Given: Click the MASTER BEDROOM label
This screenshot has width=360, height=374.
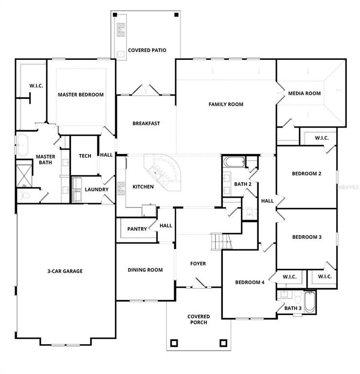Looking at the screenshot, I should [x=81, y=94].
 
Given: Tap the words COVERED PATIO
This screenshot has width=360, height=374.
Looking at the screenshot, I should [x=147, y=50].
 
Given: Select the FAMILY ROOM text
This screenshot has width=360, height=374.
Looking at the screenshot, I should [x=226, y=104].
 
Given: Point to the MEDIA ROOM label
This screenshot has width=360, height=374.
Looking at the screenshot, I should [x=304, y=93].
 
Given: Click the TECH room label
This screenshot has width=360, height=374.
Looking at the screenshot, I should [x=85, y=156].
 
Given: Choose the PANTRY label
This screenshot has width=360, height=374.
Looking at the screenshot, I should [x=137, y=229].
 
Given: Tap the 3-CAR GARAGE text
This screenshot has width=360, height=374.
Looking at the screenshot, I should [x=65, y=271].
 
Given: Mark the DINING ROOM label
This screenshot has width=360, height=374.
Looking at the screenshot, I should [x=145, y=270].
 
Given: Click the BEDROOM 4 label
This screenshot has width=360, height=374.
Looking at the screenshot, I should [x=250, y=282].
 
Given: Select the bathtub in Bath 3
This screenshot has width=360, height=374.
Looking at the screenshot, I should [x=309, y=302].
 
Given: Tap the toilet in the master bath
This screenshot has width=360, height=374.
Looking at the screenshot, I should [x=25, y=195].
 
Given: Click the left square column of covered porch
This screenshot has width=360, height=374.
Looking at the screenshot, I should [x=174, y=343].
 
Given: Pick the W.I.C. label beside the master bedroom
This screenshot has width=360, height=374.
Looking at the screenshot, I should [x=36, y=86].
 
